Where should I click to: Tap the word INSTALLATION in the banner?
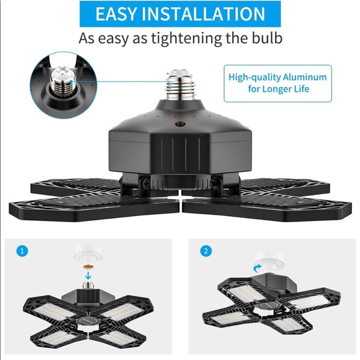point(204,14)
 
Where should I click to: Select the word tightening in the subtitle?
point(186,38)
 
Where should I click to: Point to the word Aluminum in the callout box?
point(305,77)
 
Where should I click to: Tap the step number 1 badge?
point(22,251)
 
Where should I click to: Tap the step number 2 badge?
point(205,251)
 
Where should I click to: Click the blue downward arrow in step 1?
point(88,274)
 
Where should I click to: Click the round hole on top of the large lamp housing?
point(180,124)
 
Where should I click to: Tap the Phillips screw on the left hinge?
point(145,182)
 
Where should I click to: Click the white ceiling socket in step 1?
point(88,254)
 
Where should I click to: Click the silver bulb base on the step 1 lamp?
point(88,285)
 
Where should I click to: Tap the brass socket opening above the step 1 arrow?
point(88,266)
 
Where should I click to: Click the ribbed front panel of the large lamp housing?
point(180,155)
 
